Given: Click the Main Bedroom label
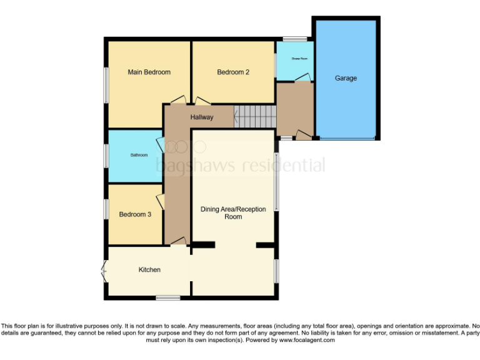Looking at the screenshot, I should [x=149, y=72].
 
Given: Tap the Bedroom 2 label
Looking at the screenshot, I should [x=233, y=72].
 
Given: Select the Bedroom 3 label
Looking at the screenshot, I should [x=135, y=214].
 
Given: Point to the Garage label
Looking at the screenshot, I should [x=346, y=78].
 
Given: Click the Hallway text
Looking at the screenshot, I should [x=202, y=117].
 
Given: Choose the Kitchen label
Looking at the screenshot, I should [x=149, y=270].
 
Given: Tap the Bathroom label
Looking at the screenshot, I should [x=139, y=155].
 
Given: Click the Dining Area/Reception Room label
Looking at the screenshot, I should [x=233, y=212].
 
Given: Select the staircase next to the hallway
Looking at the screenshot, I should [x=255, y=116].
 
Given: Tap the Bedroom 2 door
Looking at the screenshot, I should [x=202, y=101].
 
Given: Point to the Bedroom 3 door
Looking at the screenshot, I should [x=161, y=201].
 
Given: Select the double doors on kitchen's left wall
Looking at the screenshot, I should [x=104, y=271].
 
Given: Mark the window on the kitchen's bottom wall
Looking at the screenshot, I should [x=167, y=297].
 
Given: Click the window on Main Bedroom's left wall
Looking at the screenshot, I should [x=106, y=83].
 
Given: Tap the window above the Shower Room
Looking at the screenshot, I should [x=295, y=39].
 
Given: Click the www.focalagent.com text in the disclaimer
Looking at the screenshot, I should [x=306, y=341].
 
